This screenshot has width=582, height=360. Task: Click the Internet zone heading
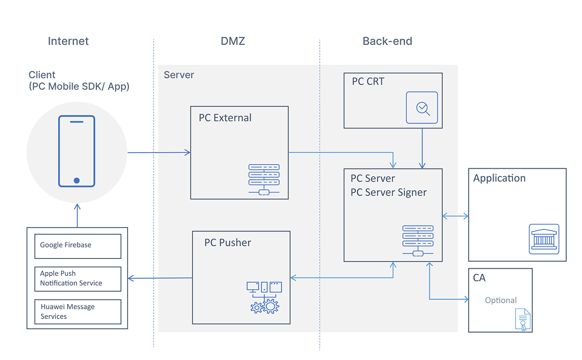[x=68, y=41]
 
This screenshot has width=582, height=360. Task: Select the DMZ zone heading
[x=233, y=41]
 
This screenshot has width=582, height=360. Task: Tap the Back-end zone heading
[x=387, y=41]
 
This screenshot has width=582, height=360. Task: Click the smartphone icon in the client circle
[x=76, y=151]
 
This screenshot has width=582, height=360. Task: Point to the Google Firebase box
[x=78, y=245]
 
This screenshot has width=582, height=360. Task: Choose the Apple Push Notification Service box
[x=78, y=278]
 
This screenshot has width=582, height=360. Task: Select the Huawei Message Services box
[x=78, y=312]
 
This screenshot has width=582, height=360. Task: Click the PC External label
[x=225, y=118]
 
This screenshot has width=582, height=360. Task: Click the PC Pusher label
[x=227, y=242]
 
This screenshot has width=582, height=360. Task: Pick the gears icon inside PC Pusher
[x=265, y=306]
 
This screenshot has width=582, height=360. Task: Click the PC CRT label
[x=368, y=81]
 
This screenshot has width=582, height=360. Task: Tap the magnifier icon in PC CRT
[x=421, y=108]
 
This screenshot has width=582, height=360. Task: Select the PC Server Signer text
[x=389, y=192]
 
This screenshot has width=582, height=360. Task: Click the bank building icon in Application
[x=544, y=239]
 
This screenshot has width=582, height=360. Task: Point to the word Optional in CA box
[x=501, y=300]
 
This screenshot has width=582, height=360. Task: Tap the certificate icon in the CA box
[x=521, y=319]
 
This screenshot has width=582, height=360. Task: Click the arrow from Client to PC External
[x=159, y=152]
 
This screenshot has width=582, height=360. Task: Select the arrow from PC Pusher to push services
[x=160, y=278]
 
